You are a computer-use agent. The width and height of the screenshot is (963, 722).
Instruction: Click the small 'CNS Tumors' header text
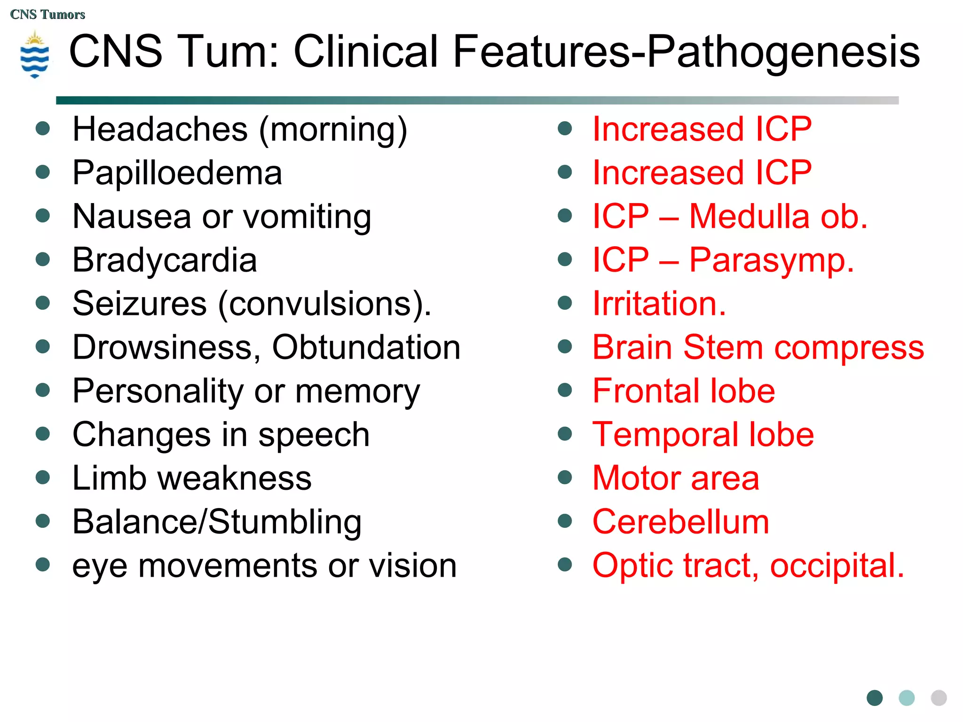pyautogui.click(x=47, y=15)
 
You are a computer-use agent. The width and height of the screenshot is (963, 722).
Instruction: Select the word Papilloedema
pyautogui.click(x=177, y=173)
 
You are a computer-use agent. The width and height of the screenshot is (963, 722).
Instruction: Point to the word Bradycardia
pyautogui.click(x=165, y=260)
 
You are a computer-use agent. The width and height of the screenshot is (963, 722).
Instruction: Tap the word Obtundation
pyautogui.click(x=366, y=347)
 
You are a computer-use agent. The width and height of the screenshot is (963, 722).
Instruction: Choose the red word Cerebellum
pyautogui.click(x=681, y=522)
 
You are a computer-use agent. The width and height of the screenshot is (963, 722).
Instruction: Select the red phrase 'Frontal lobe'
pyautogui.click(x=684, y=391)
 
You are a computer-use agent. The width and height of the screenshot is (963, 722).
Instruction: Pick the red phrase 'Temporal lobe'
pyautogui.click(x=703, y=434)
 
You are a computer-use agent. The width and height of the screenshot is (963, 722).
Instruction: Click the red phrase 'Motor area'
pyautogui.click(x=676, y=478)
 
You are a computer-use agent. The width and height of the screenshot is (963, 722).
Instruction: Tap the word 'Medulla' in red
pyautogui.click(x=750, y=217)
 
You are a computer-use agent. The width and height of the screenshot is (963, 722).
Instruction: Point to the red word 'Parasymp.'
pyautogui.click(x=772, y=260)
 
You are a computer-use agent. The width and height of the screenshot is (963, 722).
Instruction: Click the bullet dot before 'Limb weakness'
pyautogui.click(x=43, y=478)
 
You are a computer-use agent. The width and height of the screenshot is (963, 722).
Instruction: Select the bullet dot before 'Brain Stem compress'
pyautogui.click(x=565, y=347)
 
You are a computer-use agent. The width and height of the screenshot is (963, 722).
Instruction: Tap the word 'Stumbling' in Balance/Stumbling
pyautogui.click(x=285, y=522)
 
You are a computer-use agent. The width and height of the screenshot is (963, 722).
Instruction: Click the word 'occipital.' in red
pyautogui.click(x=837, y=565)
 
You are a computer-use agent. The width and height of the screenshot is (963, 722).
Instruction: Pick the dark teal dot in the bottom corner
pyautogui.click(x=875, y=698)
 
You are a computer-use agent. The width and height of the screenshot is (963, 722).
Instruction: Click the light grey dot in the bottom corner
pyautogui.click(x=939, y=698)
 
